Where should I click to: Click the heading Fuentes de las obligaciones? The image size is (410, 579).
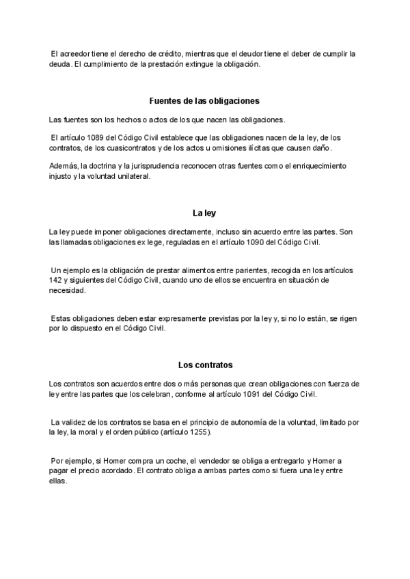[204, 100]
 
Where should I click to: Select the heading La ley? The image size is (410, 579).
[204, 213]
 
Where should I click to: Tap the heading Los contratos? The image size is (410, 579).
[204, 365]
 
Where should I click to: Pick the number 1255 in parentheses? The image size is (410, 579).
[198, 433]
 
